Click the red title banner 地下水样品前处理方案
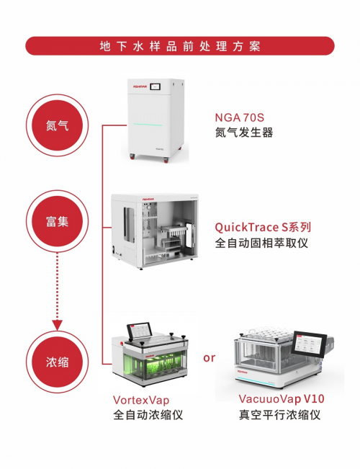pyautogui.click(x=180, y=46)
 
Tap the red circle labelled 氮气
pyautogui.click(x=57, y=125)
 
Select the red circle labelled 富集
pyautogui.click(x=57, y=221)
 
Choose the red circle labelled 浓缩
pyautogui.click(x=57, y=362)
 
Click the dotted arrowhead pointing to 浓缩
pyautogui.click(x=57, y=325)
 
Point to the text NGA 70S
pyautogui.click(x=240, y=117)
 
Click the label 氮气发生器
pyautogui.click(x=244, y=133)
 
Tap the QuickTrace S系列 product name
pyautogui.click(x=263, y=228)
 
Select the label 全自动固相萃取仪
pyautogui.click(x=261, y=243)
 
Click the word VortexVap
pyautogui.click(x=141, y=400)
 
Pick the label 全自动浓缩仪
pyautogui.click(x=148, y=415)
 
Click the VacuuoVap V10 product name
pyautogui.click(x=282, y=398)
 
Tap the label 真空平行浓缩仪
pyautogui.click(x=279, y=415)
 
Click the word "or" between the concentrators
pyautogui.click(x=209, y=358)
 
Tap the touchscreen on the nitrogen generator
pyautogui.click(x=159, y=86)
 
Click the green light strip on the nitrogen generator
pyautogui.click(x=148, y=125)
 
